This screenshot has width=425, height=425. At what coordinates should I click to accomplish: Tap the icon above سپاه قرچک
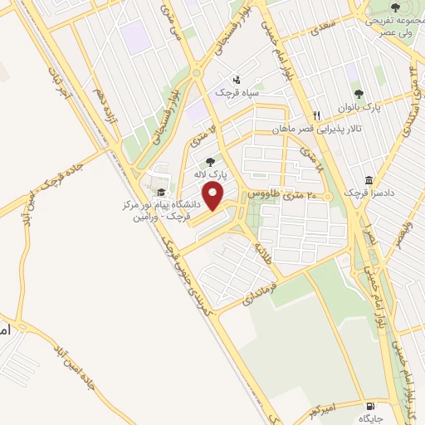238,81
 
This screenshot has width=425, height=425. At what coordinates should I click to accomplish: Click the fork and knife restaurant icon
315,115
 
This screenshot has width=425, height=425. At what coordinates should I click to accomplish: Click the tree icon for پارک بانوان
359,94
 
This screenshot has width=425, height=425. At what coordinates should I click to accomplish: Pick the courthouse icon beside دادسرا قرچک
369,180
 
